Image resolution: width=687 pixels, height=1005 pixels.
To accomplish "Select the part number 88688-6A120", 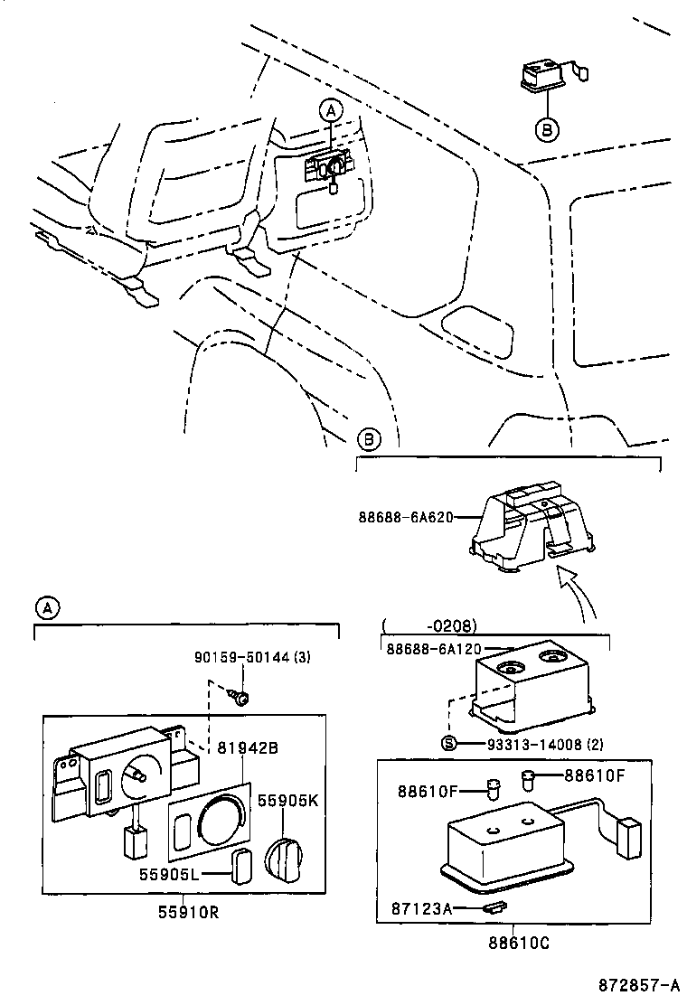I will (x=433, y=649).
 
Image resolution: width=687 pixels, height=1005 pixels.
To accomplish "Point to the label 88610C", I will (x=513, y=944).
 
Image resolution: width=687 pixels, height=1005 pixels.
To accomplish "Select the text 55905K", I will (x=287, y=800).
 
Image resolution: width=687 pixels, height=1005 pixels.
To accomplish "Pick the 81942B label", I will (x=247, y=747).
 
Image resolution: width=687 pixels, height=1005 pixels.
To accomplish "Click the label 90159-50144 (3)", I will (x=253, y=657).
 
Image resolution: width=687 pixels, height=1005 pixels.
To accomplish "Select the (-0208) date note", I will (x=429, y=625).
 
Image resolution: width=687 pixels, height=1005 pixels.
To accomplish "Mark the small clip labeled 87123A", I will (x=493, y=906).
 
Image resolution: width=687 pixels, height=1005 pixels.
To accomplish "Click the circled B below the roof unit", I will (x=548, y=129).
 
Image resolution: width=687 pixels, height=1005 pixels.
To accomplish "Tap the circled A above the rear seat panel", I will (x=331, y=111).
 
